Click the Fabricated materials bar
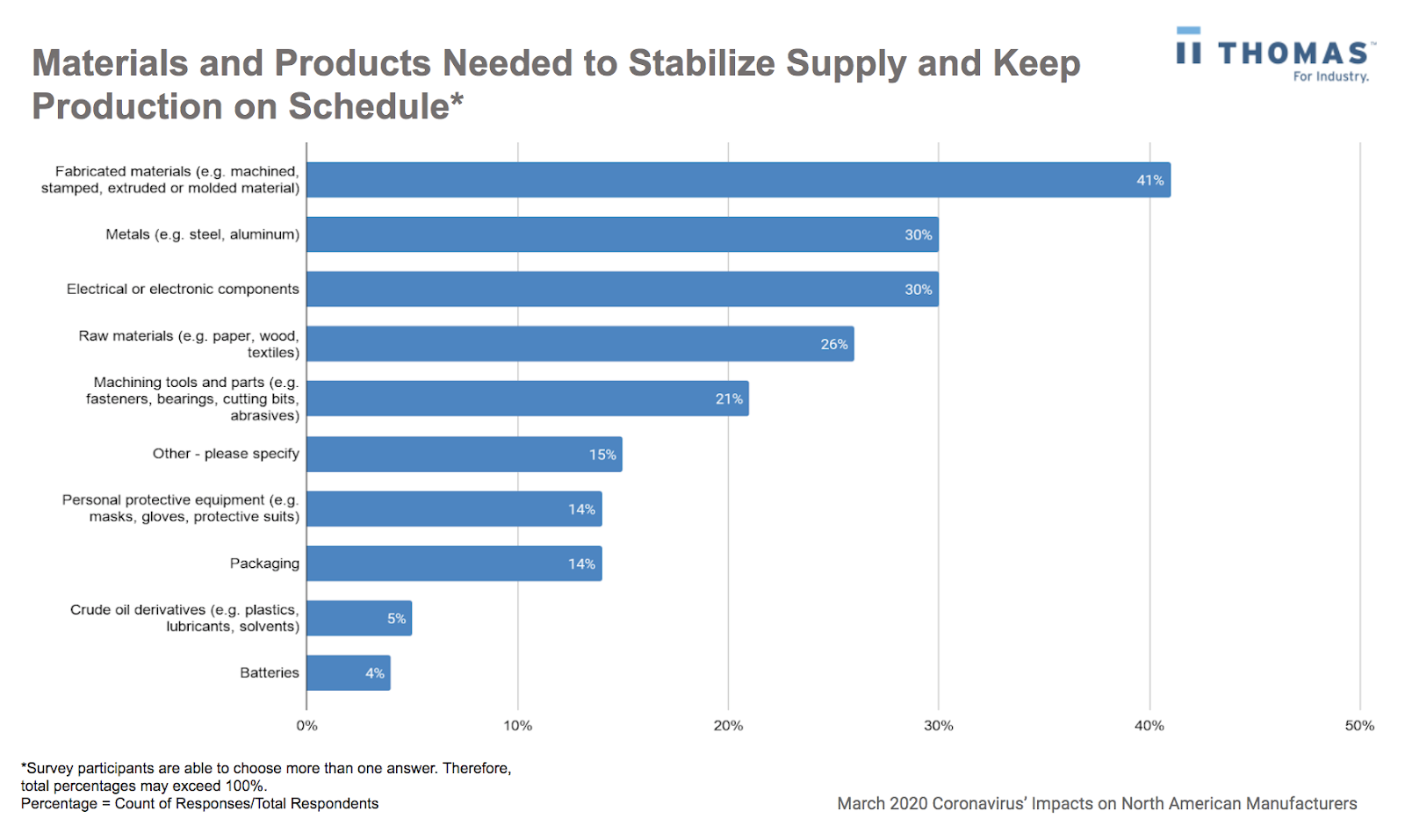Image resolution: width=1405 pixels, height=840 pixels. (x=738, y=180)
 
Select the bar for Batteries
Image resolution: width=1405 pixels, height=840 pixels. (x=348, y=673)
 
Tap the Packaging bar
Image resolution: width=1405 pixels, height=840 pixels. (x=453, y=564)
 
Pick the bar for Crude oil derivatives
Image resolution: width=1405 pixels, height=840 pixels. (x=358, y=619)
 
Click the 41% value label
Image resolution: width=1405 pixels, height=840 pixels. (x=1149, y=181)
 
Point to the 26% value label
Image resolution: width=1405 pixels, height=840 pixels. (x=833, y=344)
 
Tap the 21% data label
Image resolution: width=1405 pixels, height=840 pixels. (x=728, y=399)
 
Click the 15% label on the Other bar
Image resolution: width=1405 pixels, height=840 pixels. (x=602, y=455)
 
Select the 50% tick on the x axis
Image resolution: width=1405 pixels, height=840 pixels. (x=1358, y=726)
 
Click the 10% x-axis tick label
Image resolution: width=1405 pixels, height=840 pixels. (x=517, y=726)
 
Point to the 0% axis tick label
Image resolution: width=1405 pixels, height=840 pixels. (x=306, y=726)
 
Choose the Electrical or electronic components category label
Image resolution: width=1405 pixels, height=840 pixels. (x=183, y=290)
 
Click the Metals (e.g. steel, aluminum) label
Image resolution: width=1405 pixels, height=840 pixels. (x=202, y=234)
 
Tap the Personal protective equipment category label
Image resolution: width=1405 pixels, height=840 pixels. (x=180, y=508)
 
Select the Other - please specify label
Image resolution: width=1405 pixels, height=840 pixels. (x=226, y=454)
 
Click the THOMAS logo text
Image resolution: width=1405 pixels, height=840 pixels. (x=1292, y=54)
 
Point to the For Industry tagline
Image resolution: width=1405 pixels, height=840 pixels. (x=1329, y=77)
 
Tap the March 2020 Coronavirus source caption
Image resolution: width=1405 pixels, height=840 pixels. (x=1096, y=803)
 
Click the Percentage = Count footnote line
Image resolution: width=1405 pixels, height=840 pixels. (x=199, y=803)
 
